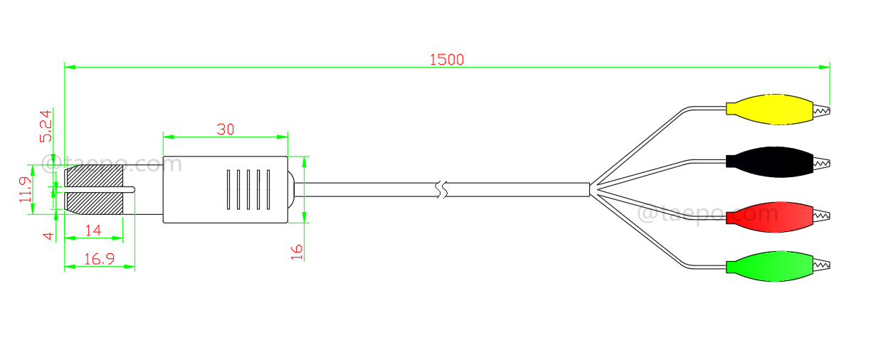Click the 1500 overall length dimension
pos(446,60)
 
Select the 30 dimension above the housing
pos(226,129)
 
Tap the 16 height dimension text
pos(297,250)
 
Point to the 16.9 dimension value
pos(100,259)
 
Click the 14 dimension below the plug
pos(93,230)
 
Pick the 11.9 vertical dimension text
pos(26,191)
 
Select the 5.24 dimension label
pos(45,127)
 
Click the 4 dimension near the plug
pos(48,235)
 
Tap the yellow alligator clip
pos(769,109)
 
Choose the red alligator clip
pos(769,216)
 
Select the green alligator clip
pos(769,268)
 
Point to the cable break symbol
pos(443,189)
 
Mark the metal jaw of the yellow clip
pos(822,110)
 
